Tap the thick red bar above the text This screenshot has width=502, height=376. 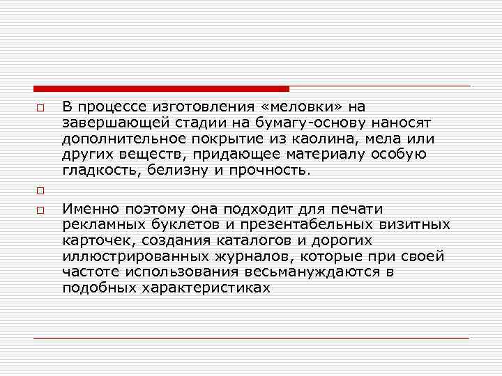pyautogui.click(x=161, y=88)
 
